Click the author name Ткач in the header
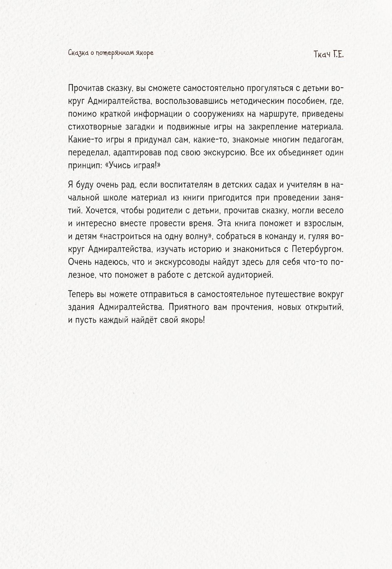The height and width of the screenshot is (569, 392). click(322, 55)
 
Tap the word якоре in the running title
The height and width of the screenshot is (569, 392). click(144, 53)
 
